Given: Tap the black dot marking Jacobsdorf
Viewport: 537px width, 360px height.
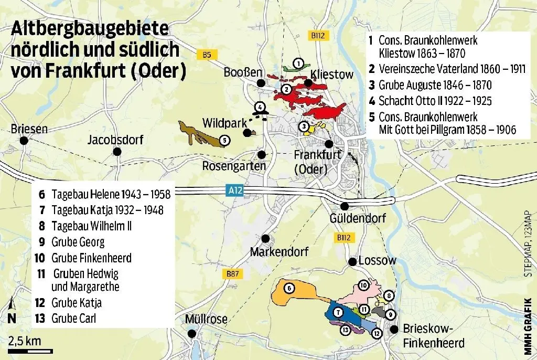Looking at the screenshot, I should click(117, 152).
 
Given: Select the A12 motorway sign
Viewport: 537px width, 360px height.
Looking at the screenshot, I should click(237, 193).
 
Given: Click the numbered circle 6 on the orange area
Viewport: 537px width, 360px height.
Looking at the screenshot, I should click(288, 287).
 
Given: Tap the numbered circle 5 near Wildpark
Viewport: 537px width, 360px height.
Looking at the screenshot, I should click(224, 140).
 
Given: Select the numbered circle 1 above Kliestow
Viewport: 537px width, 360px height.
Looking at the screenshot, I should click(297, 63).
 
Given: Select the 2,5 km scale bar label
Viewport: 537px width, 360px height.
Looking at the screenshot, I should click(25, 341).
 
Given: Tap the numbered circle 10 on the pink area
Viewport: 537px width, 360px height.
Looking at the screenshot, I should click(363, 285).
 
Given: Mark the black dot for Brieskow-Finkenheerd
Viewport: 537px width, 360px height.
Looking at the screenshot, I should click(393, 330).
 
